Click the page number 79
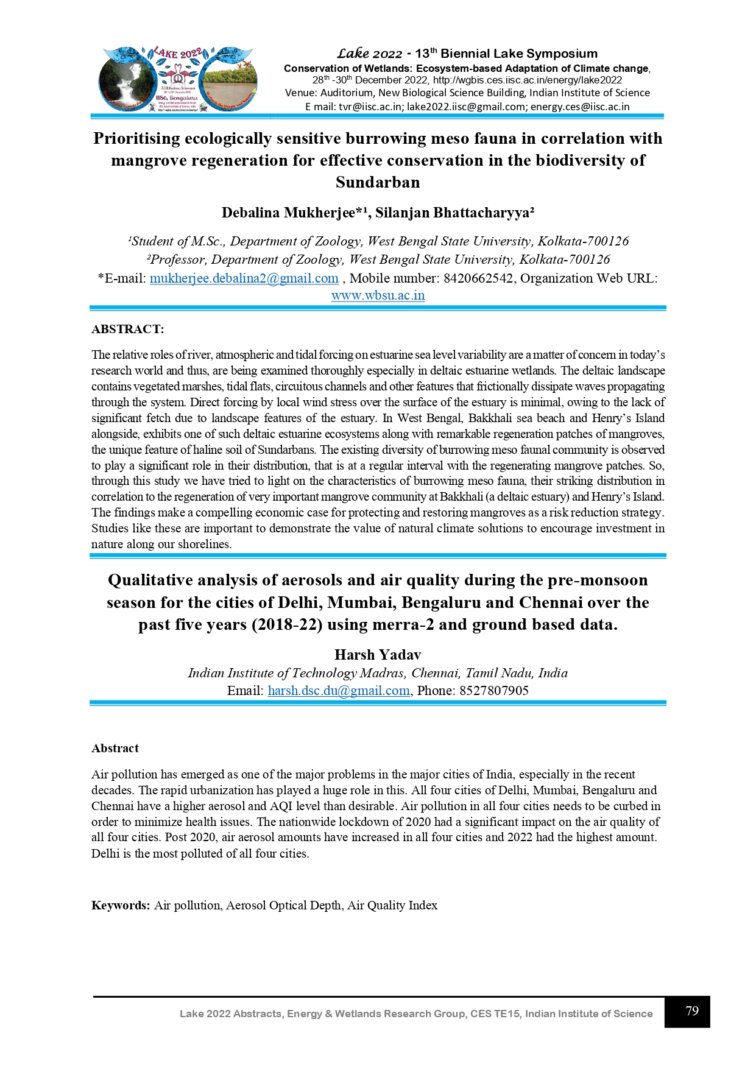(x=691, y=1011)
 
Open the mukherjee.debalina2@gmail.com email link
(x=244, y=278)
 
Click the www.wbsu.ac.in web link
(x=378, y=295)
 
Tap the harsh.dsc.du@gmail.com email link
(x=339, y=690)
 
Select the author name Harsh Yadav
(x=378, y=655)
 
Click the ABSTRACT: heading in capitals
(x=127, y=330)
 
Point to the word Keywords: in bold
(x=121, y=905)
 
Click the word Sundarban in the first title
(x=378, y=182)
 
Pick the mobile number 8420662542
(x=478, y=278)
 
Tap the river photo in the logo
(x=230, y=83)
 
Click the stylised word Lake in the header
(x=353, y=54)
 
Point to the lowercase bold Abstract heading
(x=115, y=748)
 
